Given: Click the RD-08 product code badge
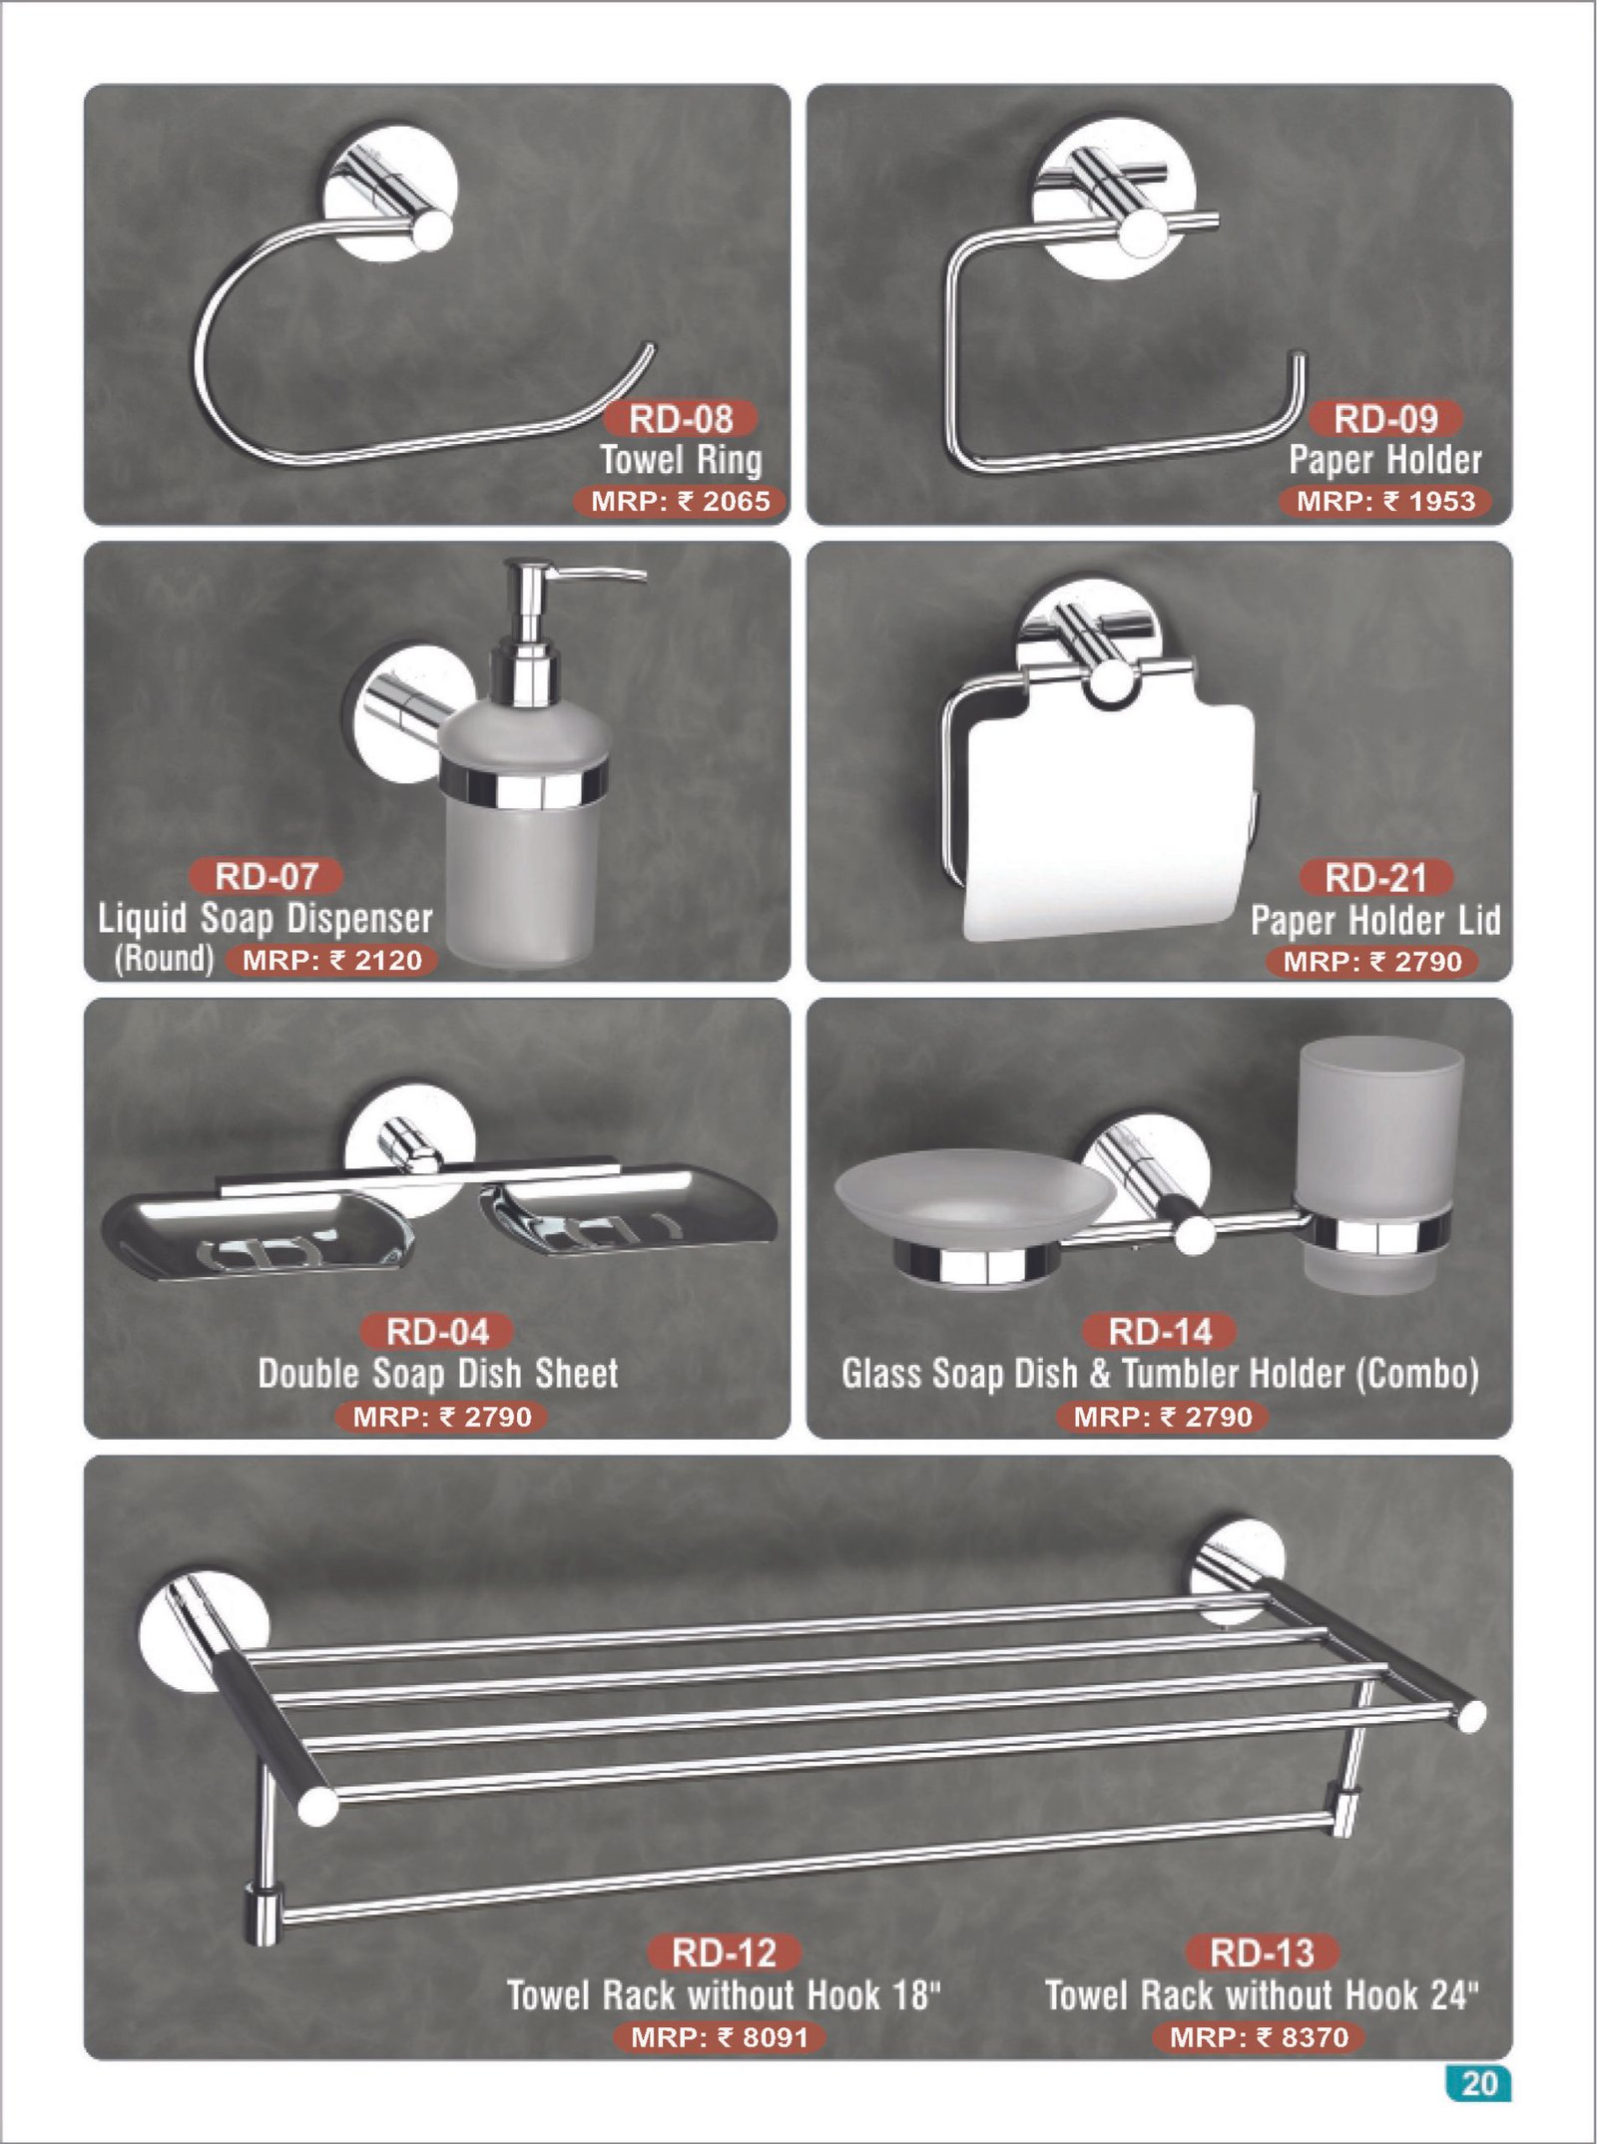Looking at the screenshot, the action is pos(681,419).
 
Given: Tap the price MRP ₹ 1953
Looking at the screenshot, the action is pos(1385,501).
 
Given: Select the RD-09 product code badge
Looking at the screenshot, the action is pos(1385,419).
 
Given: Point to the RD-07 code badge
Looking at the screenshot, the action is pos(266,876).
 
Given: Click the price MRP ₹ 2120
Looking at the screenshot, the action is pos(331,960).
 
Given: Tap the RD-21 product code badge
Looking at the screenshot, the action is pos(1376,878).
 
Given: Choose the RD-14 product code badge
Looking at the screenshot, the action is pos(1160,1331).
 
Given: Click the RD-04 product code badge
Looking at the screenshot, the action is pos(437,1331).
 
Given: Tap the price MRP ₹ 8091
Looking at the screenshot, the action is pos(719,2036).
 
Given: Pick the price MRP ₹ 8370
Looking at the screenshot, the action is pos(1259,2036).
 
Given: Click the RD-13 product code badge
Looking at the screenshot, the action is pos(1262,1952).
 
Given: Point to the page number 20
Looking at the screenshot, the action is pos(1478,2084).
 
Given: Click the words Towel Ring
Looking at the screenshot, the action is pos(681,460).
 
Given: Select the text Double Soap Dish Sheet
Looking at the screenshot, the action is pos(438,1373).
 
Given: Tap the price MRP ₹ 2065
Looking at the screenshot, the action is pos(680,501).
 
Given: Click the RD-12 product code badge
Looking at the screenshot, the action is pos(724,1952).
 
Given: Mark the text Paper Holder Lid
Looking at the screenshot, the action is pos(1375,920).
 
